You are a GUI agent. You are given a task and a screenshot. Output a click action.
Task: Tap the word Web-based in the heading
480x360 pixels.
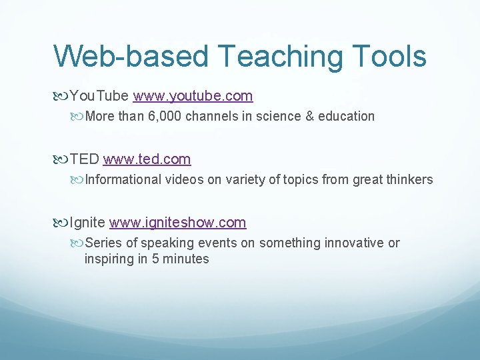[x=131, y=57]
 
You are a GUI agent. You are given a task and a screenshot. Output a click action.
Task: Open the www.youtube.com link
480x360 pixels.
[x=193, y=96]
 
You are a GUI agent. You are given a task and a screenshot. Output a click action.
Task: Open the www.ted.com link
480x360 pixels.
[x=147, y=159]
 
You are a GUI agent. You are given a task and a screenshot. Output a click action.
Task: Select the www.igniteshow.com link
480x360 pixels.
[x=177, y=223]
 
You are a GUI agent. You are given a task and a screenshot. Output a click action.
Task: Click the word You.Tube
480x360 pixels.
[x=99, y=96]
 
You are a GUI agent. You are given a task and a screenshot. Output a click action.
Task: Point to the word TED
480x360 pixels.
[x=85, y=159]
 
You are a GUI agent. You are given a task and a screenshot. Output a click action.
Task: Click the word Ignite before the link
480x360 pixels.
[x=87, y=223]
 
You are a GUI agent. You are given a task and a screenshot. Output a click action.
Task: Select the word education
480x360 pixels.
[x=347, y=117]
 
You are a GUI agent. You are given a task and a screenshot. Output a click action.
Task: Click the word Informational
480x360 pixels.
[x=123, y=180]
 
